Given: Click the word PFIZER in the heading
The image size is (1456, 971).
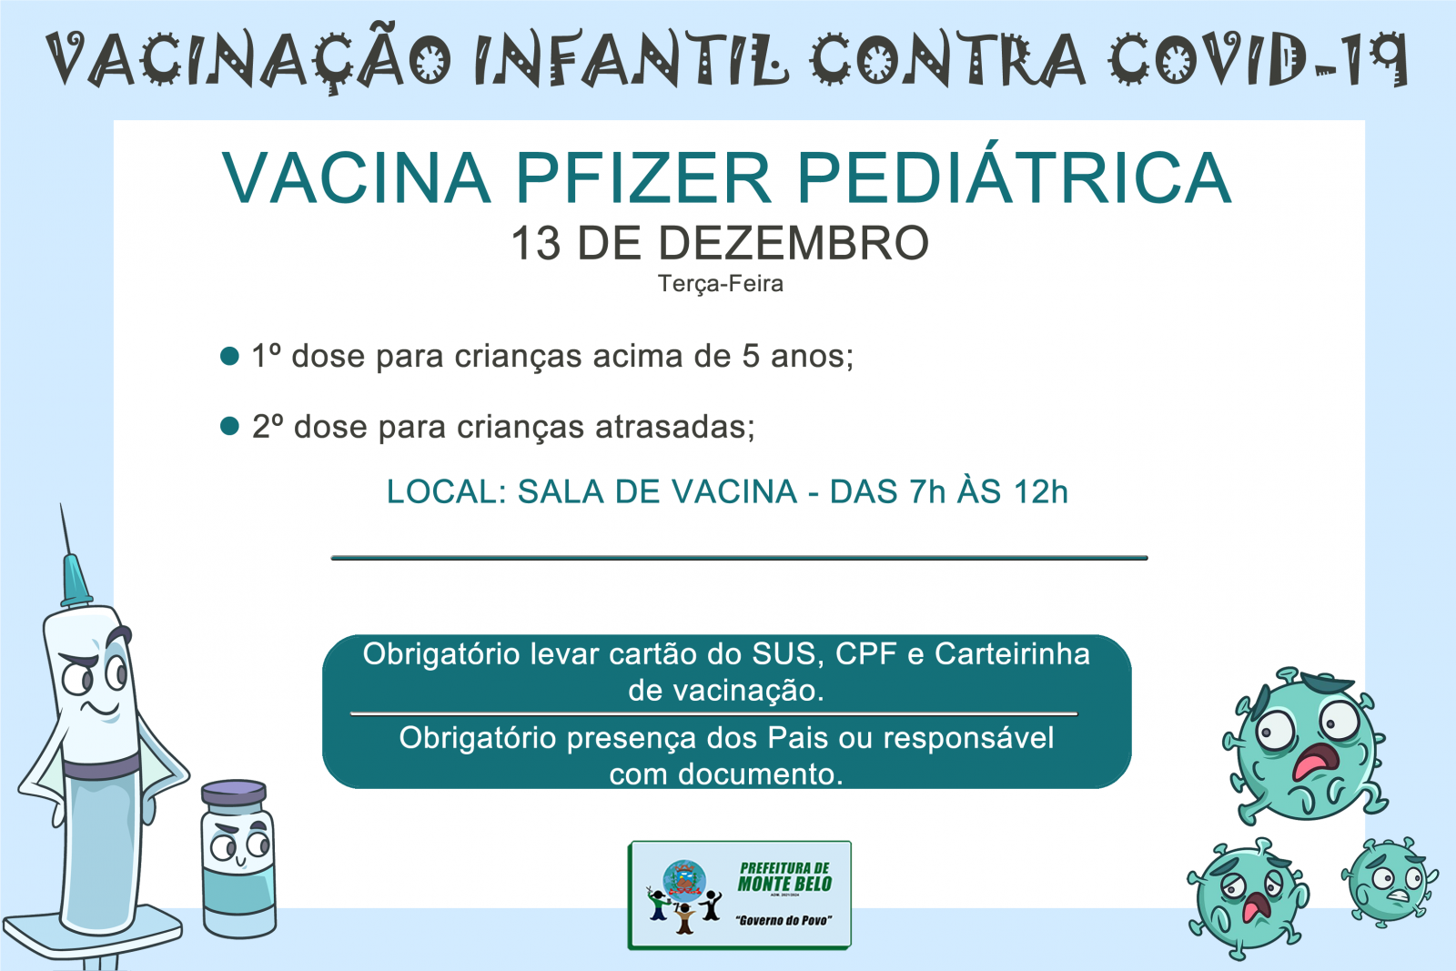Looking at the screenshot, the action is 643,178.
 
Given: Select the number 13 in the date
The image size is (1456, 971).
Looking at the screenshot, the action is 536,243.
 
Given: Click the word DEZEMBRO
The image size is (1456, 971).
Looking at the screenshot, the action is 794,243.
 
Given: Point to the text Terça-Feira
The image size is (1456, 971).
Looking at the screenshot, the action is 720,284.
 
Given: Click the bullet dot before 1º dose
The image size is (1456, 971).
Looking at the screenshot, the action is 229,356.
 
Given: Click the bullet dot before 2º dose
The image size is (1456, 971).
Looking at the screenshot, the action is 229,427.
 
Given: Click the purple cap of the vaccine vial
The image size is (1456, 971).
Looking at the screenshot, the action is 234,793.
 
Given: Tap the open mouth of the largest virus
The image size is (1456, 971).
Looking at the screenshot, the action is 1314,761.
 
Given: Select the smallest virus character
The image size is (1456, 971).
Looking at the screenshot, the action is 1389,881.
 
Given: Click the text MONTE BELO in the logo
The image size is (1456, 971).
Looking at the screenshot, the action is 784,884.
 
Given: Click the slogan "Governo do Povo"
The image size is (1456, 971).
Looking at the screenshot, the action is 784,920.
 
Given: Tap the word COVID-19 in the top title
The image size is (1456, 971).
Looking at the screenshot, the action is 1258,58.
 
